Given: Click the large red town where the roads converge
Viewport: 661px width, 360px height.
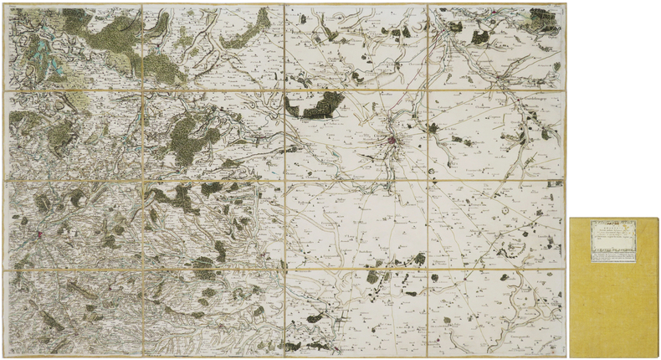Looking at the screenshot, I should pos(392,140).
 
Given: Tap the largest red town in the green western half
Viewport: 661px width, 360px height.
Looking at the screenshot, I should pos(38,235).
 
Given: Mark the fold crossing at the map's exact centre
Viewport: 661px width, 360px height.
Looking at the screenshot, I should pos(285,180).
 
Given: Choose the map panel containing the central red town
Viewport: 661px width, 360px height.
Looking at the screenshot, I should pos(356,134).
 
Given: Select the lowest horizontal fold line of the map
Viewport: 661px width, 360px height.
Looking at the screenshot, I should pos(209,270).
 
